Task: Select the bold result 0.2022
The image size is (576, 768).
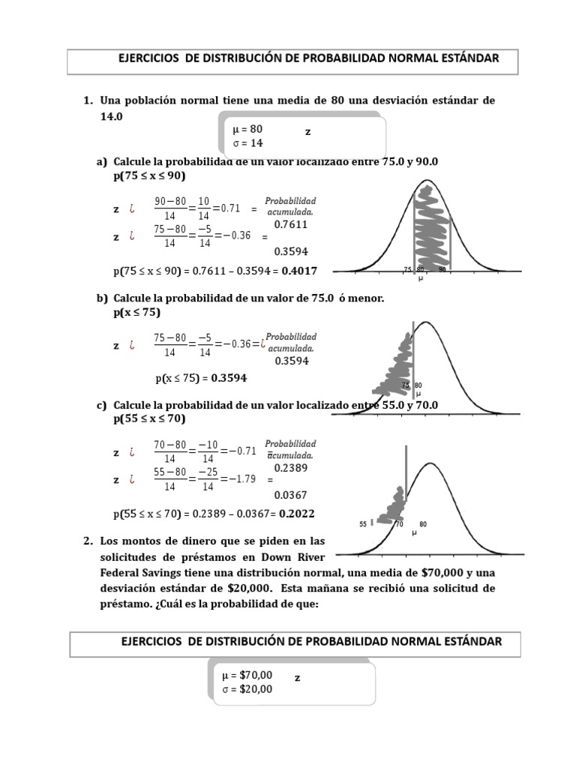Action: [297, 514]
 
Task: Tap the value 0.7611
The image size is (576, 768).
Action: [292, 223]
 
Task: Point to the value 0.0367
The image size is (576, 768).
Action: [290, 495]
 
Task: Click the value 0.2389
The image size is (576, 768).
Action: [291, 467]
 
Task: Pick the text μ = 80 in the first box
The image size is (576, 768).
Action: [248, 129]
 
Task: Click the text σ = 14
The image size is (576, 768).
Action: [248, 142]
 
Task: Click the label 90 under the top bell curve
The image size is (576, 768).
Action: [443, 269]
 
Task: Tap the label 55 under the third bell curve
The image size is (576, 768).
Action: [363, 524]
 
